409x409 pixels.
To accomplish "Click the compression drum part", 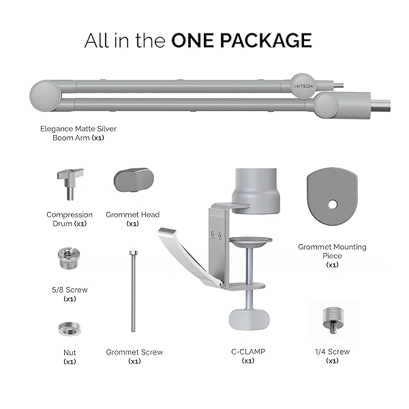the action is (x=70, y=183).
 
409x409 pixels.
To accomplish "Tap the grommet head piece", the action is (x=134, y=180).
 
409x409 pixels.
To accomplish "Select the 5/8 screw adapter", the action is (x=69, y=258).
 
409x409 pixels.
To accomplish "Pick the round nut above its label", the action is (x=70, y=329).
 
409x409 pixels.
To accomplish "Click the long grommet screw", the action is (x=134, y=291).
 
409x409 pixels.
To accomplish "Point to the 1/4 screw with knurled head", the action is (x=332, y=320).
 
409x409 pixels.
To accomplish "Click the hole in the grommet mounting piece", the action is (x=333, y=204).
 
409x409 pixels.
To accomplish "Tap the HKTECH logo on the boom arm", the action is (x=303, y=86).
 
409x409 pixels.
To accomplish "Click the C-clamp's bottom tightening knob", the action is (x=249, y=320).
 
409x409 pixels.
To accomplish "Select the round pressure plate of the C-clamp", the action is (x=250, y=241).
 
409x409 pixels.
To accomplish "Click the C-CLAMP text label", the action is (x=248, y=352).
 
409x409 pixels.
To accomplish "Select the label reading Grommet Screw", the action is (x=134, y=352).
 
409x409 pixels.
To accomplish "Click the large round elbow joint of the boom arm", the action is (x=45, y=95).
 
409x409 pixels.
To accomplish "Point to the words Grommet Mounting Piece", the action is (x=332, y=251).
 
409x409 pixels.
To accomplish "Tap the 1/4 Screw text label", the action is (x=332, y=352).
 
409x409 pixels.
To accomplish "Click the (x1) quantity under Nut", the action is (x=70, y=361).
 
